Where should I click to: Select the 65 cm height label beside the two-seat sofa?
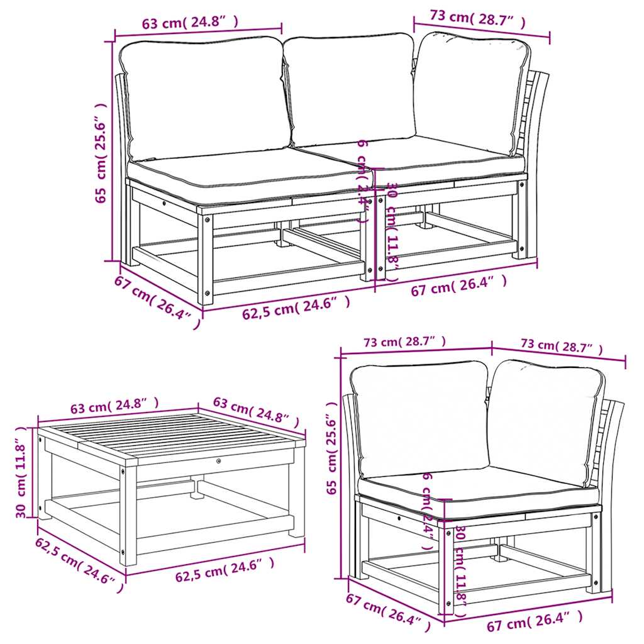coord(101,152)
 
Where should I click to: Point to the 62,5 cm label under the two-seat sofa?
coord(296,308)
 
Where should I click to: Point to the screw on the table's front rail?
coord(218,461)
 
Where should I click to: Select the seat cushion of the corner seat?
coord(478,488)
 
